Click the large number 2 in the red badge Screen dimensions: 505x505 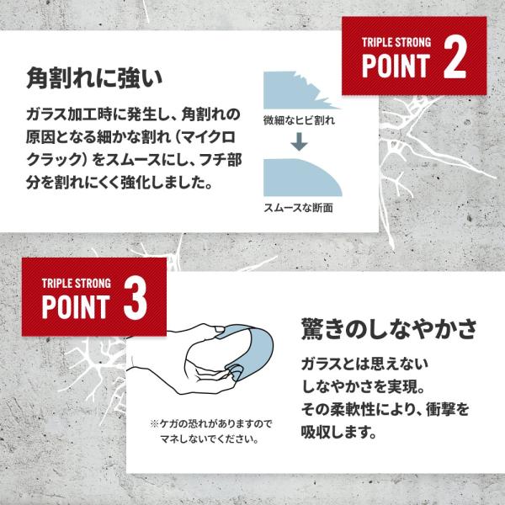click(x=455, y=57)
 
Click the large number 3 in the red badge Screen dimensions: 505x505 click(x=136, y=299)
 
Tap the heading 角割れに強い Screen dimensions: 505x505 click(x=94, y=78)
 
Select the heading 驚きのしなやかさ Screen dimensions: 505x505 click(x=389, y=329)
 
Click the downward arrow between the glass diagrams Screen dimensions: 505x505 click(x=299, y=141)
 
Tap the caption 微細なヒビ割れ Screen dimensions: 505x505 click(x=299, y=120)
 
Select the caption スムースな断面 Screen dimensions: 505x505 click(x=298, y=208)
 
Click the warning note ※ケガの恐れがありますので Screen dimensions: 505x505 click(x=211, y=424)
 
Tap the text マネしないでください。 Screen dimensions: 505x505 click(x=210, y=439)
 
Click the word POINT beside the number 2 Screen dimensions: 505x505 click(x=396, y=66)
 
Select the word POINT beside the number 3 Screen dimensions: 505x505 click(x=76, y=306)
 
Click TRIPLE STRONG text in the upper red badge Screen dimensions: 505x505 click(x=396, y=42)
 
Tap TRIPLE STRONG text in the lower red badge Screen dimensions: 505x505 click(x=77, y=284)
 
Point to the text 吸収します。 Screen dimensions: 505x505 click(x=339, y=432)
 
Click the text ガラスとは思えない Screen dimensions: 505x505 click(x=364, y=364)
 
